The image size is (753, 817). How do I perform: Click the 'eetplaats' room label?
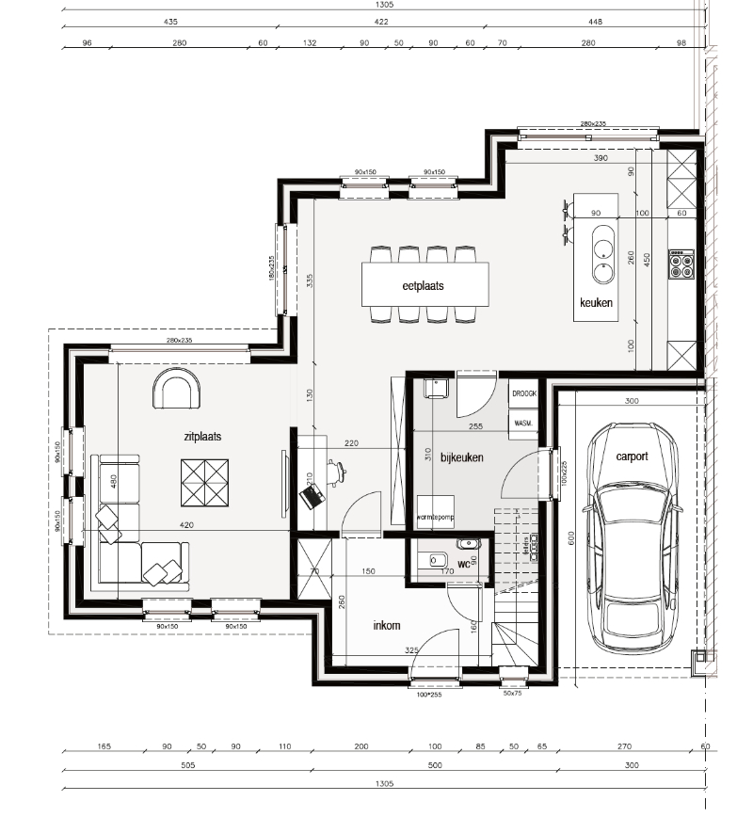pyautogui.click(x=423, y=284)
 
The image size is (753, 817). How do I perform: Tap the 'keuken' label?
pyautogui.click(x=597, y=303)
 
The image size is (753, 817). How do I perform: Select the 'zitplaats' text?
pyautogui.click(x=202, y=437)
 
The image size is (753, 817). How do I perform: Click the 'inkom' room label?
pyautogui.click(x=387, y=625)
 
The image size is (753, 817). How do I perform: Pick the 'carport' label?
pyautogui.click(x=632, y=456)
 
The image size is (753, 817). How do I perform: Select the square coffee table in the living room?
pyautogui.click(x=205, y=482)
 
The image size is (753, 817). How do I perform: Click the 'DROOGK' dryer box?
pyautogui.click(x=523, y=393)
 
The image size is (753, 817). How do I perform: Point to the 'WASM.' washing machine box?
pyautogui.click(x=522, y=424)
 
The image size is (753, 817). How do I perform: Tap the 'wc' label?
pyautogui.click(x=463, y=565)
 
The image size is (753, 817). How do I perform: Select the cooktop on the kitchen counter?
pyautogui.click(x=681, y=264)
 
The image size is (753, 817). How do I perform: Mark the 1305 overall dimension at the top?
pyautogui.click(x=384, y=5)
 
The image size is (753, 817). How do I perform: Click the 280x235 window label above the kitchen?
pyautogui.click(x=593, y=124)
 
